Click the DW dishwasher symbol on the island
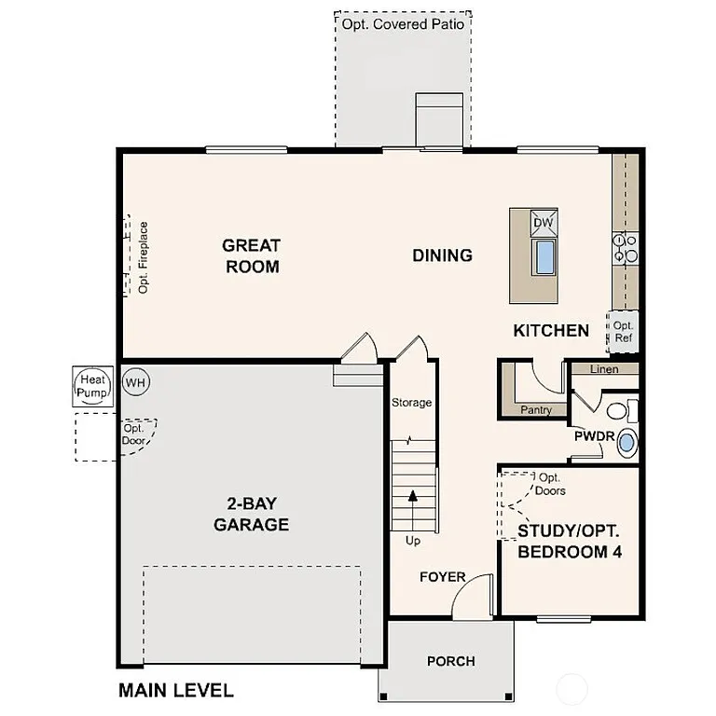pyautogui.click(x=544, y=224)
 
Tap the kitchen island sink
pyautogui.click(x=544, y=256)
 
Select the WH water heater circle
pyautogui.click(x=135, y=382)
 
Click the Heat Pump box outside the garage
pyautogui.click(x=92, y=386)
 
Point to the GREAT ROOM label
pyautogui.click(x=251, y=256)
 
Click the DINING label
pyautogui.click(x=443, y=255)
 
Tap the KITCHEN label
pyautogui.click(x=551, y=330)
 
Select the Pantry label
pyautogui.click(x=537, y=410)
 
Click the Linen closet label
pyautogui.click(x=604, y=369)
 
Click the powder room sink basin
pyautogui.click(x=627, y=442)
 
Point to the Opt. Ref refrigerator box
pyautogui.click(x=623, y=332)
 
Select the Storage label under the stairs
pyautogui.click(x=411, y=403)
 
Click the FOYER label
pyautogui.click(x=442, y=577)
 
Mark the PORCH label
pyautogui.click(x=450, y=662)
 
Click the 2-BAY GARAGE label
pyautogui.click(x=251, y=515)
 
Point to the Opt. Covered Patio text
pyautogui.click(x=402, y=24)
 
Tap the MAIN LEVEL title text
pyautogui.click(x=175, y=691)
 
